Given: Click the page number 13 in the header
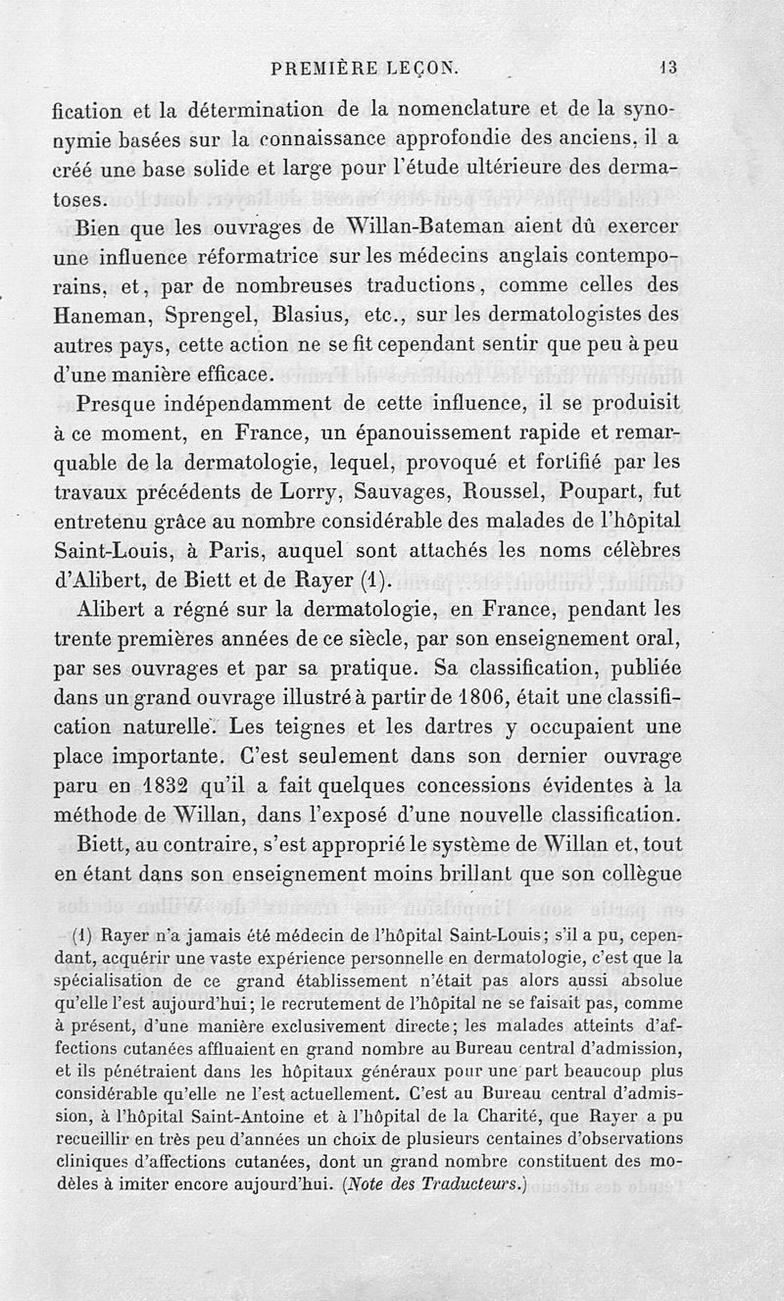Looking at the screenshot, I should [668, 69].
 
